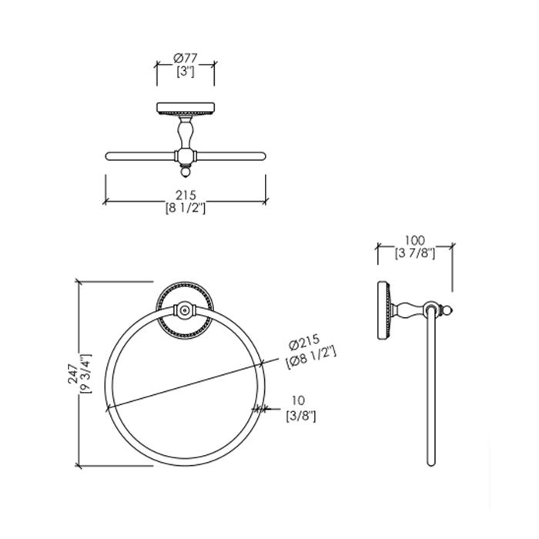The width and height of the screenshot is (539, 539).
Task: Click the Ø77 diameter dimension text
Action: click(186, 58)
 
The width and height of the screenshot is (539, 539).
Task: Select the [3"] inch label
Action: click(186, 72)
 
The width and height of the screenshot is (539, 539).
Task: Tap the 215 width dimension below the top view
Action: click(186, 195)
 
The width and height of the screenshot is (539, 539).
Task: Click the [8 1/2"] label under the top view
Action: click(186, 208)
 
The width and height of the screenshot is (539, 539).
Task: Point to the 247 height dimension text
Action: click(73, 373)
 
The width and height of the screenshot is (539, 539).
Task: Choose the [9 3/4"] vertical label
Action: click(85, 373)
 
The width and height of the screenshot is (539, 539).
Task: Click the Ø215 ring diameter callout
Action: click(304, 342)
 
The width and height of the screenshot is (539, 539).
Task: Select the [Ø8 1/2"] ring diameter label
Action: click(310, 357)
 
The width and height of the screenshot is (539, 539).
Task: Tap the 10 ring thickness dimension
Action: click(299, 400)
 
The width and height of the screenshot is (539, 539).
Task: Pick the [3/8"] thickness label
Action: click(301, 417)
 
